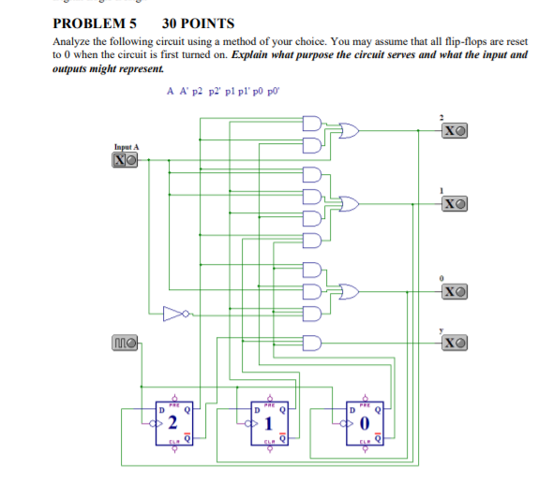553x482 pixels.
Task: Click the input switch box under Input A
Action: [x=126, y=160]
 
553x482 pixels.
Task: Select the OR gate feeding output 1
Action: [x=348, y=203]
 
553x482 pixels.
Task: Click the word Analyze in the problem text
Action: [x=71, y=43]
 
